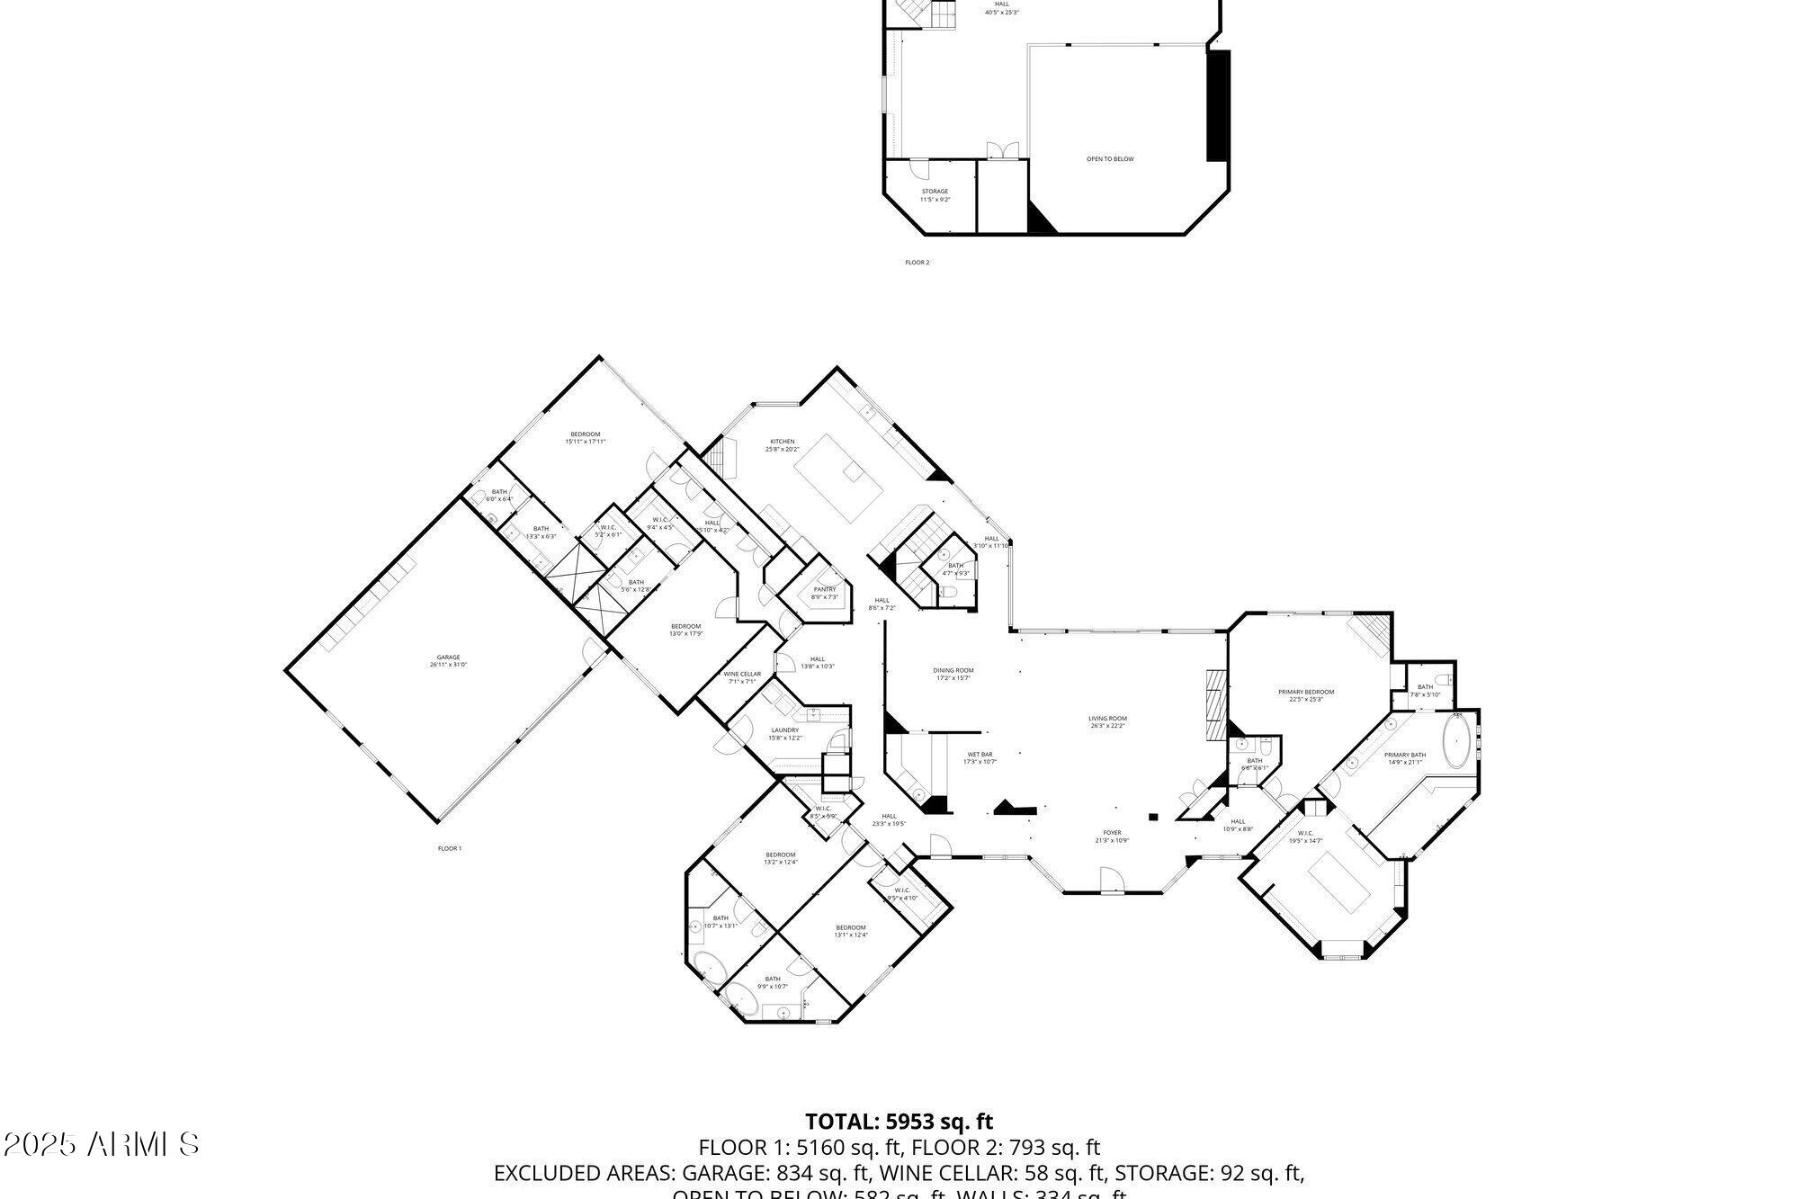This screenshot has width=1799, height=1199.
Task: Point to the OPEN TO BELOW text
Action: (1110, 159)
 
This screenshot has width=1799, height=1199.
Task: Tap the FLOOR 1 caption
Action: (450, 848)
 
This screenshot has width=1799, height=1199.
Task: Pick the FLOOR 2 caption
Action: (917, 263)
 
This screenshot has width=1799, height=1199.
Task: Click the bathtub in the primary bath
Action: (1456, 741)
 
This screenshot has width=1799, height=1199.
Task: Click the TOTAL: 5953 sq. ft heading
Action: (899, 1122)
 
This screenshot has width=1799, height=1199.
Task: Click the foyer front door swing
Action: (1112, 877)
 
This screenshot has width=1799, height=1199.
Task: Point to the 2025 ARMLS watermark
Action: (101, 1145)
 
